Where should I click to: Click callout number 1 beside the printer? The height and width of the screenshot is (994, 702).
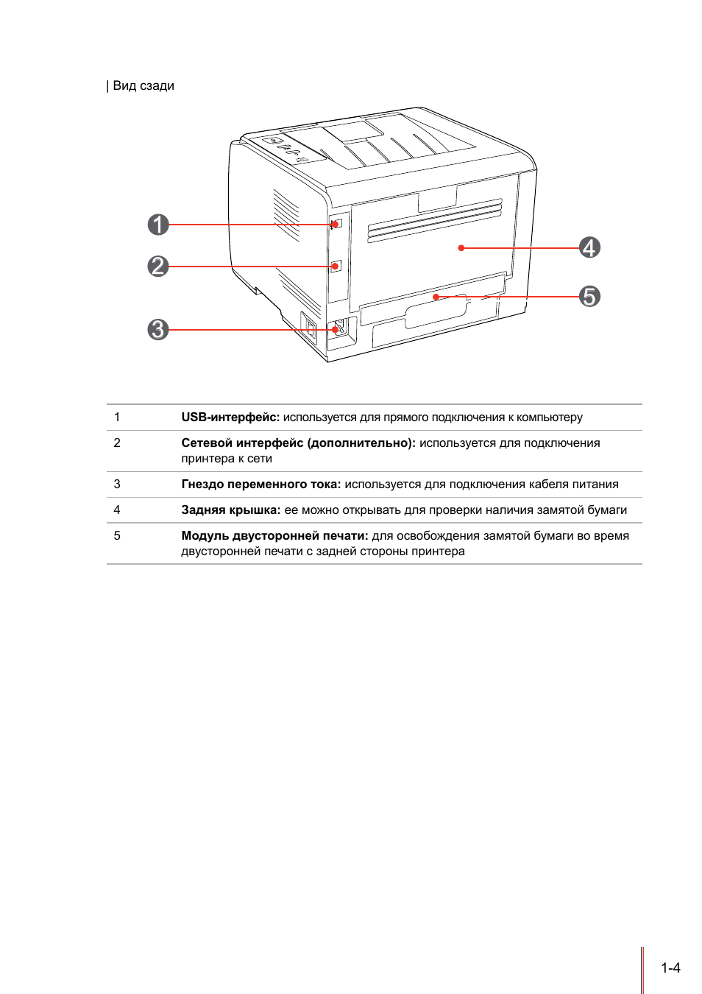[x=158, y=225]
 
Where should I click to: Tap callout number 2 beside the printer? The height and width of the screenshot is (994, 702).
[x=158, y=266]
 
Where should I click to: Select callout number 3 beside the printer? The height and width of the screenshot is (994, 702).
[x=158, y=329]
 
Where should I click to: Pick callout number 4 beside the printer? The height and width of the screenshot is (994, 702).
[x=589, y=247]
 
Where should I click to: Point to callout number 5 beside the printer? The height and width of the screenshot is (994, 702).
[x=589, y=296]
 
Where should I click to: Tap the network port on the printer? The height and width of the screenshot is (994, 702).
[x=336, y=266]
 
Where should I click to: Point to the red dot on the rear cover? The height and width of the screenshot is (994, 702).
[x=461, y=248]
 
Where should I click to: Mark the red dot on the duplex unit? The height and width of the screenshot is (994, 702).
[x=436, y=297]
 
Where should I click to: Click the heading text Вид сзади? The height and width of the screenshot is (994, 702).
[x=143, y=85]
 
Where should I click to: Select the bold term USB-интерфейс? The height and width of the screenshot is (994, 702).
[x=230, y=417]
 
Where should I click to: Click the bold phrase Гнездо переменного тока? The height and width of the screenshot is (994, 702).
[x=260, y=484]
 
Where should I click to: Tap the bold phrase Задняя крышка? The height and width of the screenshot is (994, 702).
[x=230, y=510]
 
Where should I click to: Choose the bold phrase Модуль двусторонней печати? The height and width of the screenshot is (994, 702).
[x=274, y=536]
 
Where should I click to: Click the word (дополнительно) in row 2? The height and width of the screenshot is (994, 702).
[x=361, y=443]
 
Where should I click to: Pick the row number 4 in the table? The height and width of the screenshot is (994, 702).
[x=117, y=510]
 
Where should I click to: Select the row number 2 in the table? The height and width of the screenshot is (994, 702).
[x=117, y=443]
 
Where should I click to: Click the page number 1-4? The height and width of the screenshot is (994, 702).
[x=670, y=968]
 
